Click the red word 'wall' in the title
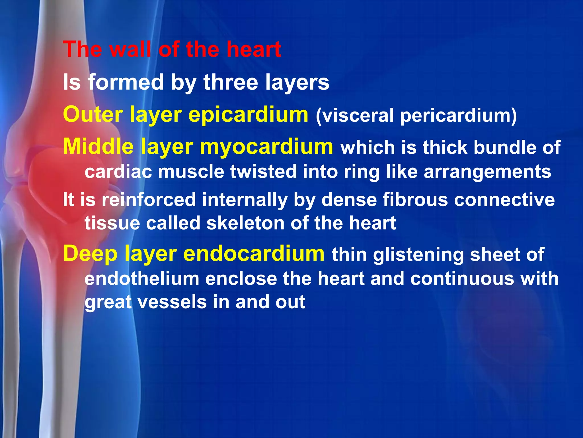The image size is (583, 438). pyautogui.click(x=130, y=49)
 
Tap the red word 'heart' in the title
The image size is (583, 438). pyautogui.click(x=254, y=49)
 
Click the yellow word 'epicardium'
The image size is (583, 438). pyautogui.click(x=248, y=114)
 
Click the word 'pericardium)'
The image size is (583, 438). pyautogui.click(x=458, y=115)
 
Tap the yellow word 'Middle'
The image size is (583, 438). pyautogui.click(x=98, y=147)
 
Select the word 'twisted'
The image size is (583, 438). pyautogui.click(x=263, y=172)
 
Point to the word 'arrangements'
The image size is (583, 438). pyautogui.click(x=487, y=172)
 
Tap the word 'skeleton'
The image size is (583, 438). pyautogui.click(x=245, y=223)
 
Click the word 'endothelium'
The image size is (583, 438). pyautogui.click(x=142, y=278)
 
